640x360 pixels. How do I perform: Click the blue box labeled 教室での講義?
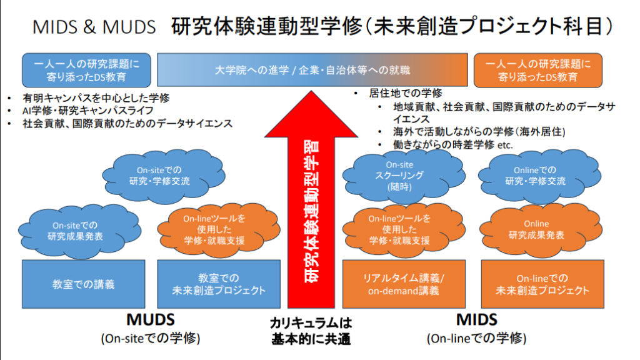[83, 284]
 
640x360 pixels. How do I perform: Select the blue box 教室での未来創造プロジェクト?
[219, 284]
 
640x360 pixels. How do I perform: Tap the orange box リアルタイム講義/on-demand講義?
[403, 284]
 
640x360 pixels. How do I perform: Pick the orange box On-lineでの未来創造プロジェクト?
[542, 284]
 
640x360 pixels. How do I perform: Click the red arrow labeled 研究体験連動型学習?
[311, 206]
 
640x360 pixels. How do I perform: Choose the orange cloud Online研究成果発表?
[536, 229]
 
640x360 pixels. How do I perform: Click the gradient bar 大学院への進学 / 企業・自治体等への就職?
[312, 69]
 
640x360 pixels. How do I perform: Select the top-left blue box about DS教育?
[86, 69]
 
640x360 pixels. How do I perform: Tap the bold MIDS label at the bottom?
[476, 320]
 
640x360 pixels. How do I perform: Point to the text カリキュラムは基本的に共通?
[311, 331]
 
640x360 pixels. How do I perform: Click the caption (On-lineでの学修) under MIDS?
[476, 339]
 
